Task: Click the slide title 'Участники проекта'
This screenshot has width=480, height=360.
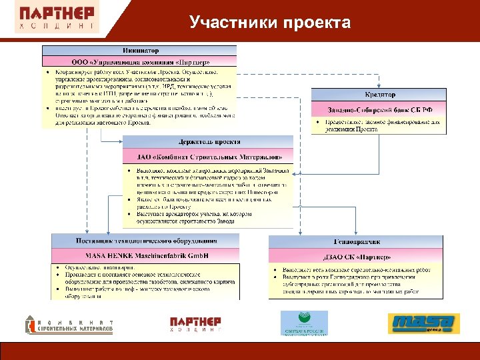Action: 269,23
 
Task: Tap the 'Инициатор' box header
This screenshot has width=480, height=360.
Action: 140,51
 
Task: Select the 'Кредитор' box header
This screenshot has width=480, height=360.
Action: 379,95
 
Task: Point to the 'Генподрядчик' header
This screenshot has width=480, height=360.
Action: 356,241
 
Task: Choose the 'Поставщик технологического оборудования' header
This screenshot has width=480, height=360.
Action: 145,240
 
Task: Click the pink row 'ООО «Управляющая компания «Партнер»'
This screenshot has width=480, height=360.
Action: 140,62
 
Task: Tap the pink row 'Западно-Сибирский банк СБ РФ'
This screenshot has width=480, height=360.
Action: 379,109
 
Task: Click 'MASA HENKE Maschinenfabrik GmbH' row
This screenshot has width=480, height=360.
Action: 145,255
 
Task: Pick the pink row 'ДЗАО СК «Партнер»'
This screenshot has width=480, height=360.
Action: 356,257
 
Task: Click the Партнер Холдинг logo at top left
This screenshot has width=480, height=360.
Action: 57,18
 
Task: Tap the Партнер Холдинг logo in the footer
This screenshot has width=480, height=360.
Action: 195,323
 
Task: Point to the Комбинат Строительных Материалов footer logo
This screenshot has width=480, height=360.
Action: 69,325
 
